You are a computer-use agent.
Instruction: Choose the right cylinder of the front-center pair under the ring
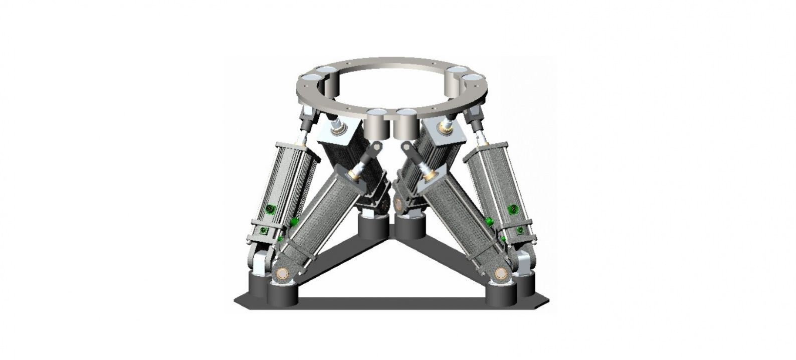tap(406, 124)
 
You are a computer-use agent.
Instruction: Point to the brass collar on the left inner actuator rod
tap(355, 173)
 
